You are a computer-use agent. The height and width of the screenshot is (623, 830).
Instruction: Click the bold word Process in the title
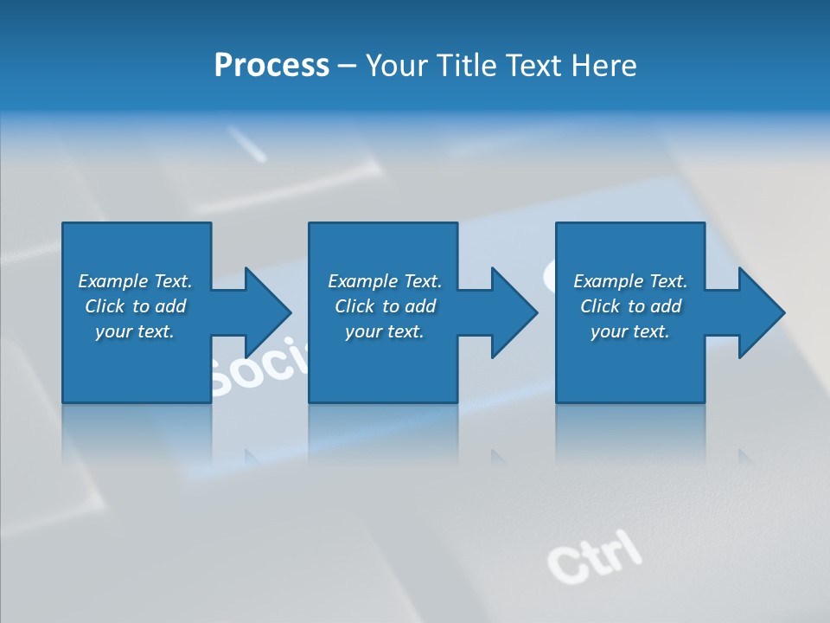pos(271,66)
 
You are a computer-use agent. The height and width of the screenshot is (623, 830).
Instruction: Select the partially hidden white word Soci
pos(258,368)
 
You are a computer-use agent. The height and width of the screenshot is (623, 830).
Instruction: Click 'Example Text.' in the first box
pos(135,281)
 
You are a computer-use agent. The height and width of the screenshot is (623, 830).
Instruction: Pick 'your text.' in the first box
pos(135,331)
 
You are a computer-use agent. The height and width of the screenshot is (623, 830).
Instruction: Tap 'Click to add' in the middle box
pos(385,306)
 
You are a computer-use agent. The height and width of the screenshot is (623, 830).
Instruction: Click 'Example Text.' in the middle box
pos(385,281)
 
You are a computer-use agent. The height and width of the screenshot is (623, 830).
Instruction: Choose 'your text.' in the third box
pos(630,331)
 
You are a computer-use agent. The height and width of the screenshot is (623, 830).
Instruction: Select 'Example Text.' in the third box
pos(630,281)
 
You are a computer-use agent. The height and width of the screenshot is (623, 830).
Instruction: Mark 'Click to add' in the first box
pos(135,306)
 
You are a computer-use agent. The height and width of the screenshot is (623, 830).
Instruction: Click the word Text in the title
pos(531,66)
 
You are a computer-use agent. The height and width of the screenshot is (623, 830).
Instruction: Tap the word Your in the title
pos(397,66)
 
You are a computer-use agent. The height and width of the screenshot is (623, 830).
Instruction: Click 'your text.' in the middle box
pos(385,331)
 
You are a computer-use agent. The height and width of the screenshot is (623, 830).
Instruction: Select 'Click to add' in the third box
pos(630,306)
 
